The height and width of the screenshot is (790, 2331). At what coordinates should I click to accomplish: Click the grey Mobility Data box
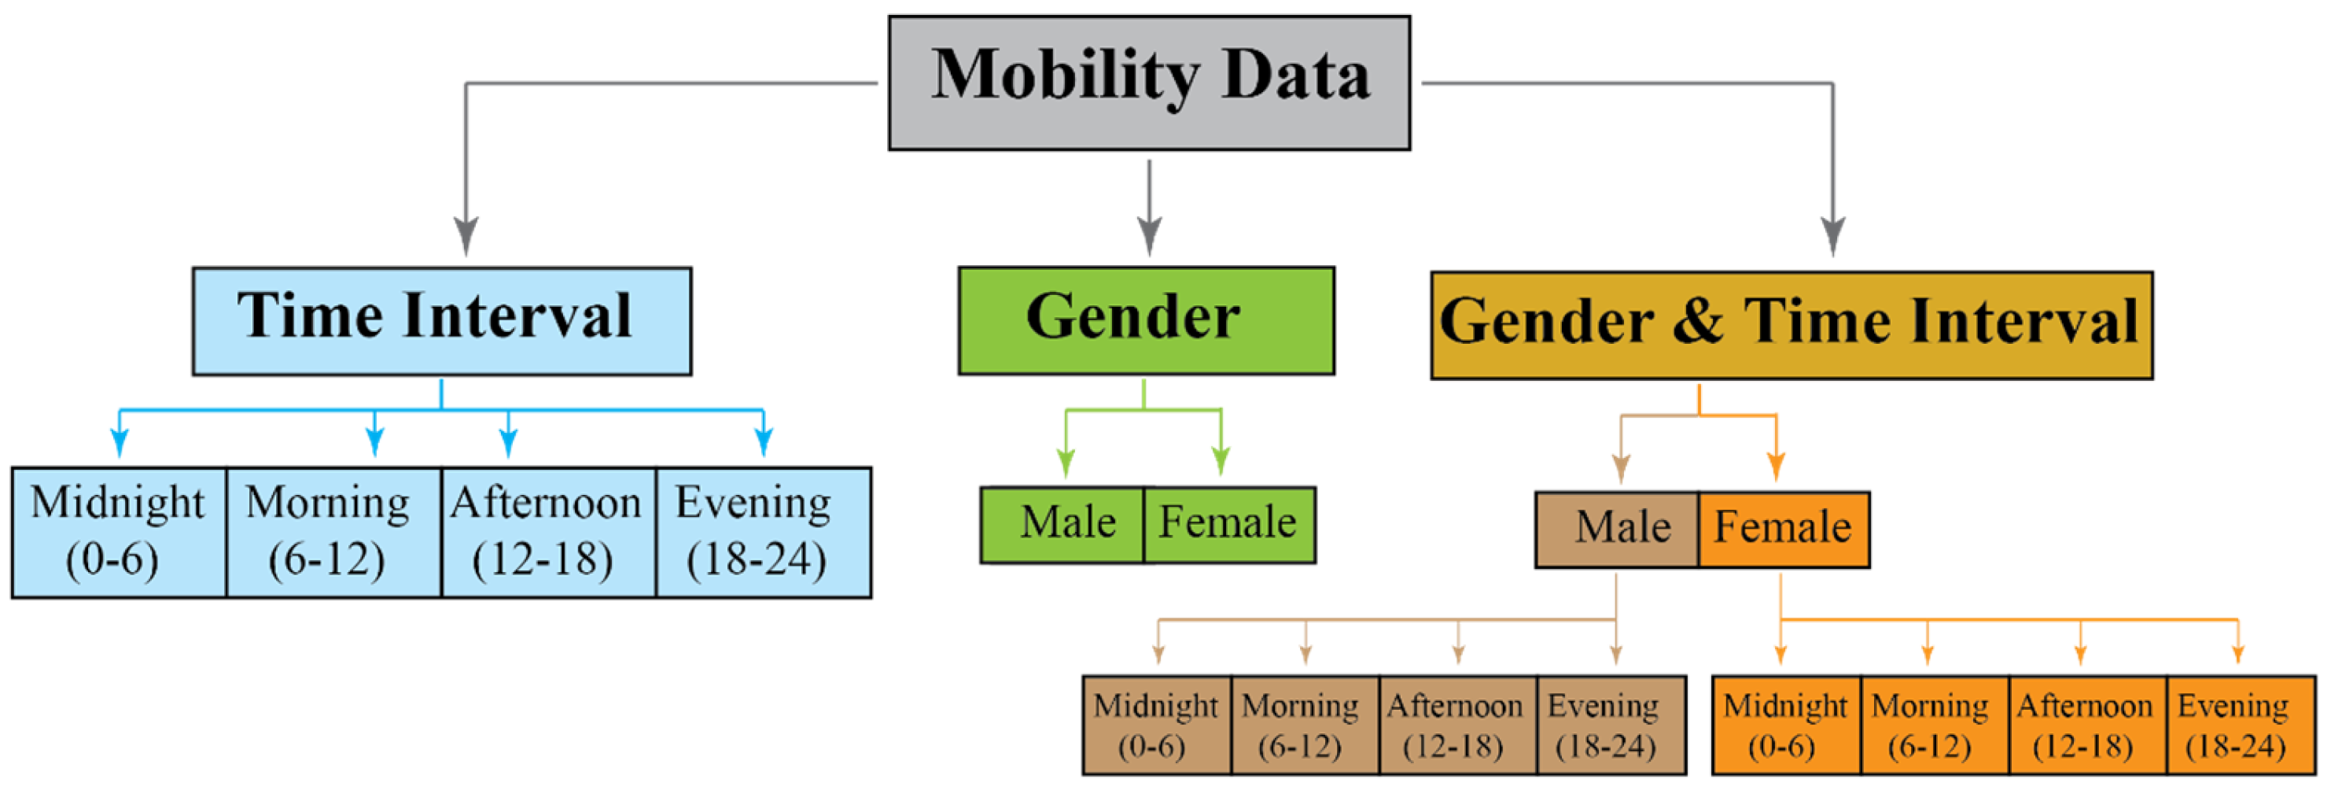tap(1148, 83)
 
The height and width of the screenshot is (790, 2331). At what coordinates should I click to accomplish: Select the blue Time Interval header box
tap(442, 320)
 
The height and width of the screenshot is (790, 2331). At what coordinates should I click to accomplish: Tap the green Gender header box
tap(1146, 320)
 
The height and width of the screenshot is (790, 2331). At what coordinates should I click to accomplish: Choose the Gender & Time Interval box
tap(1791, 325)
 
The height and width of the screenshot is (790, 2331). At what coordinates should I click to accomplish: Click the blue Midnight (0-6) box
tap(119, 532)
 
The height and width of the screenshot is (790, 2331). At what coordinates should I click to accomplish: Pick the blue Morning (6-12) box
tap(333, 532)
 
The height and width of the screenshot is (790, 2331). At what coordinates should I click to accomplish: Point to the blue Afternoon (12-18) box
tap(548, 532)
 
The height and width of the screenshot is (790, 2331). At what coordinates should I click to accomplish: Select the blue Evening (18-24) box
tap(763, 532)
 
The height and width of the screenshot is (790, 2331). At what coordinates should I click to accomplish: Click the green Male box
tap(1062, 525)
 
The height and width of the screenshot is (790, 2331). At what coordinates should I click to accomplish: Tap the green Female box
tap(1229, 525)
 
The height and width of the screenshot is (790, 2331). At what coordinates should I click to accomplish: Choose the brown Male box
tap(1616, 530)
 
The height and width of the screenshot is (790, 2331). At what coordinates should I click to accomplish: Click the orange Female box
tap(1783, 530)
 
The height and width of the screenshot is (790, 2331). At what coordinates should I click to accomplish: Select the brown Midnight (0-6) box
tap(1156, 724)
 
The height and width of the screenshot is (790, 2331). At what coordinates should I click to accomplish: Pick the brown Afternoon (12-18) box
tap(1456, 724)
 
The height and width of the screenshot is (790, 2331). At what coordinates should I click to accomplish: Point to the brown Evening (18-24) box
tap(1611, 724)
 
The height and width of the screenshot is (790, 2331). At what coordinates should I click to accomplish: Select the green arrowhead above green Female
tap(1221, 460)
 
